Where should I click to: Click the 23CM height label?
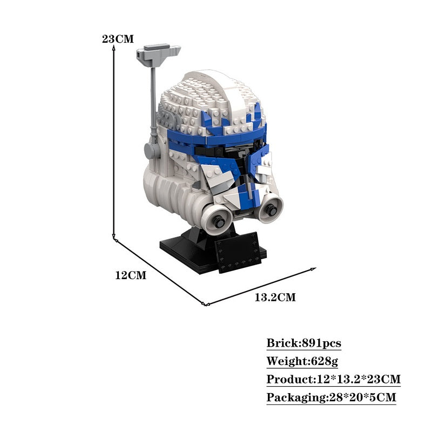[x=118, y=39]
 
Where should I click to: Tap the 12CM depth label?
[x=131, y=275]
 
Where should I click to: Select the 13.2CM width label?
[x=275, y=298]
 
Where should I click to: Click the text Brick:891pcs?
[x=304, y=343]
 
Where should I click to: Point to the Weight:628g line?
[x=302, y=361]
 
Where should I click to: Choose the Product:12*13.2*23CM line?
[x=333, y=379]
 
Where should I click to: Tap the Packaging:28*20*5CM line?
[x=331, y=397]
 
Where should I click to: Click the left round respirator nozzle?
[x=217, y=219]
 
